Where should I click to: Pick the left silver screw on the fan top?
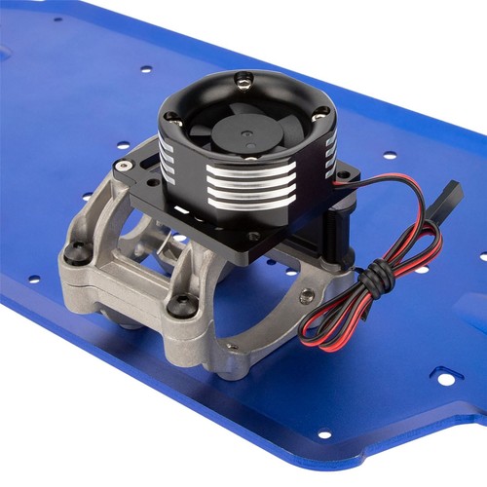172,118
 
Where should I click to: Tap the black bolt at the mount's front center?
178,305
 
